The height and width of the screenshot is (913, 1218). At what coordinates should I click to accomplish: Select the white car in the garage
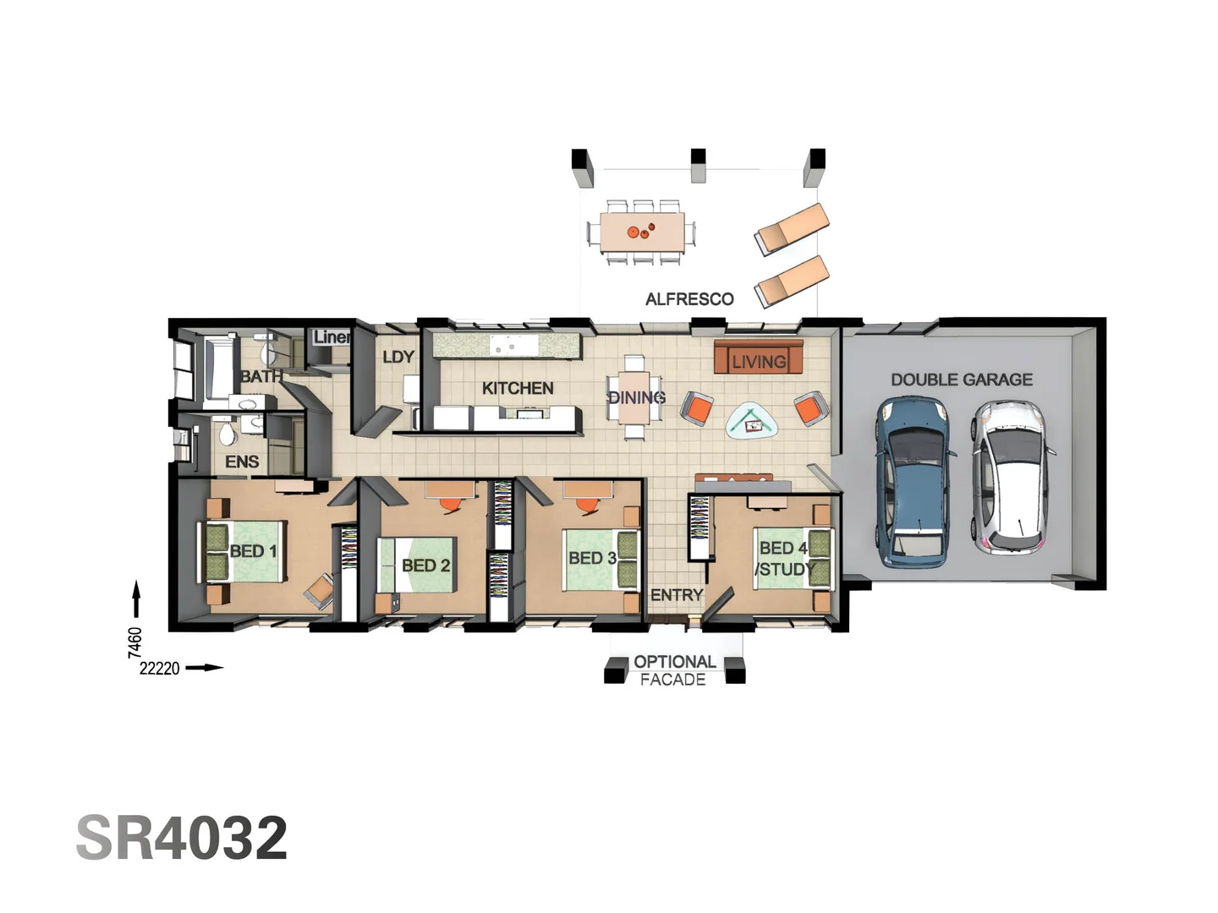tap(1013, 478)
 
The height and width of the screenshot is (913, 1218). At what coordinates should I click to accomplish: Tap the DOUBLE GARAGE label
tap(961, 380)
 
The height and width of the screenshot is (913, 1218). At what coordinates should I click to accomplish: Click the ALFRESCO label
tap(689, 299)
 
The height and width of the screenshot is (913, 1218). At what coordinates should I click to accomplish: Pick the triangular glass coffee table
tap(753, 420)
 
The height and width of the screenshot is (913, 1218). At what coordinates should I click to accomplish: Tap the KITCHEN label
tap(517, 388)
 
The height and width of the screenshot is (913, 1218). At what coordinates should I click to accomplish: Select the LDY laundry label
tap(398, 357)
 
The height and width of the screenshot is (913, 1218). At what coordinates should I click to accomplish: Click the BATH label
tap(261, 376)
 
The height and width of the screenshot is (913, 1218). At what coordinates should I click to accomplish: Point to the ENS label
tap(242, 462)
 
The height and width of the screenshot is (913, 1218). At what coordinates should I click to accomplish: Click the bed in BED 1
tap(245, 551)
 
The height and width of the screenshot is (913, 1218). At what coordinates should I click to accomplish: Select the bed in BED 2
tap(419, 565)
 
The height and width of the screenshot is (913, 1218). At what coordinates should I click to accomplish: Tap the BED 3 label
tap(591, 558)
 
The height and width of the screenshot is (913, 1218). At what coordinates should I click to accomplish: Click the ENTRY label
tap(676, 595)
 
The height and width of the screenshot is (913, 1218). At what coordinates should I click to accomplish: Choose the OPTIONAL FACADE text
tap(673, 670)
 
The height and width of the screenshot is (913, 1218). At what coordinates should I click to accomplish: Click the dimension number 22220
tap(159, 669)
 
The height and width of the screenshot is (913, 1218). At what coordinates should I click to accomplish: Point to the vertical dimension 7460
tap(134, 642)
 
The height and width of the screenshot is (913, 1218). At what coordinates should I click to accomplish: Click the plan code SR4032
tap(182, 839)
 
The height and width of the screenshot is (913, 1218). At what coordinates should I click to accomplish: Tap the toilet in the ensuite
tap(227, 435)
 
